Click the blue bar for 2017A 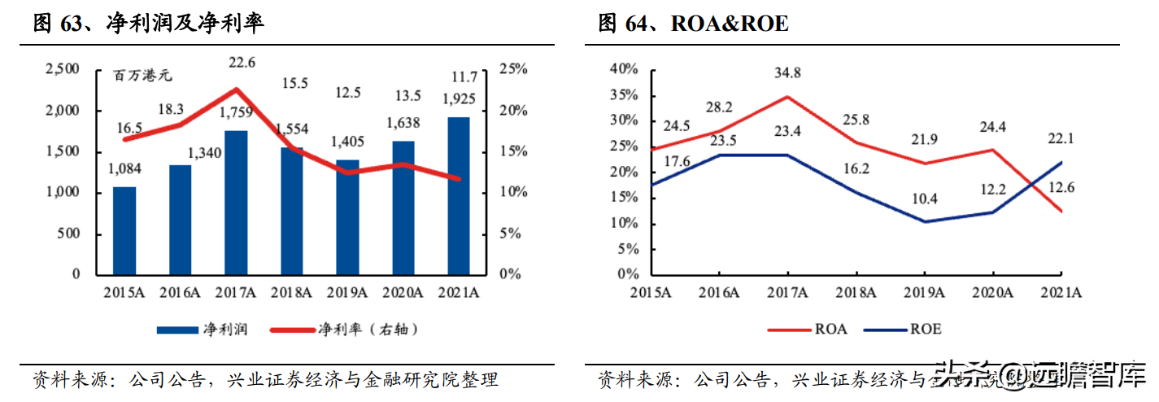(236, 202)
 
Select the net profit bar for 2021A (459, 195)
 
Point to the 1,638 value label (403, 125)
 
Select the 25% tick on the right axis (513, 70)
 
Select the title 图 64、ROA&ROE (694, 24)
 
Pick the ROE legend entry (902, 330)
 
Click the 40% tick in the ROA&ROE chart (625, 70)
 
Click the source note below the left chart (265, 379)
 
